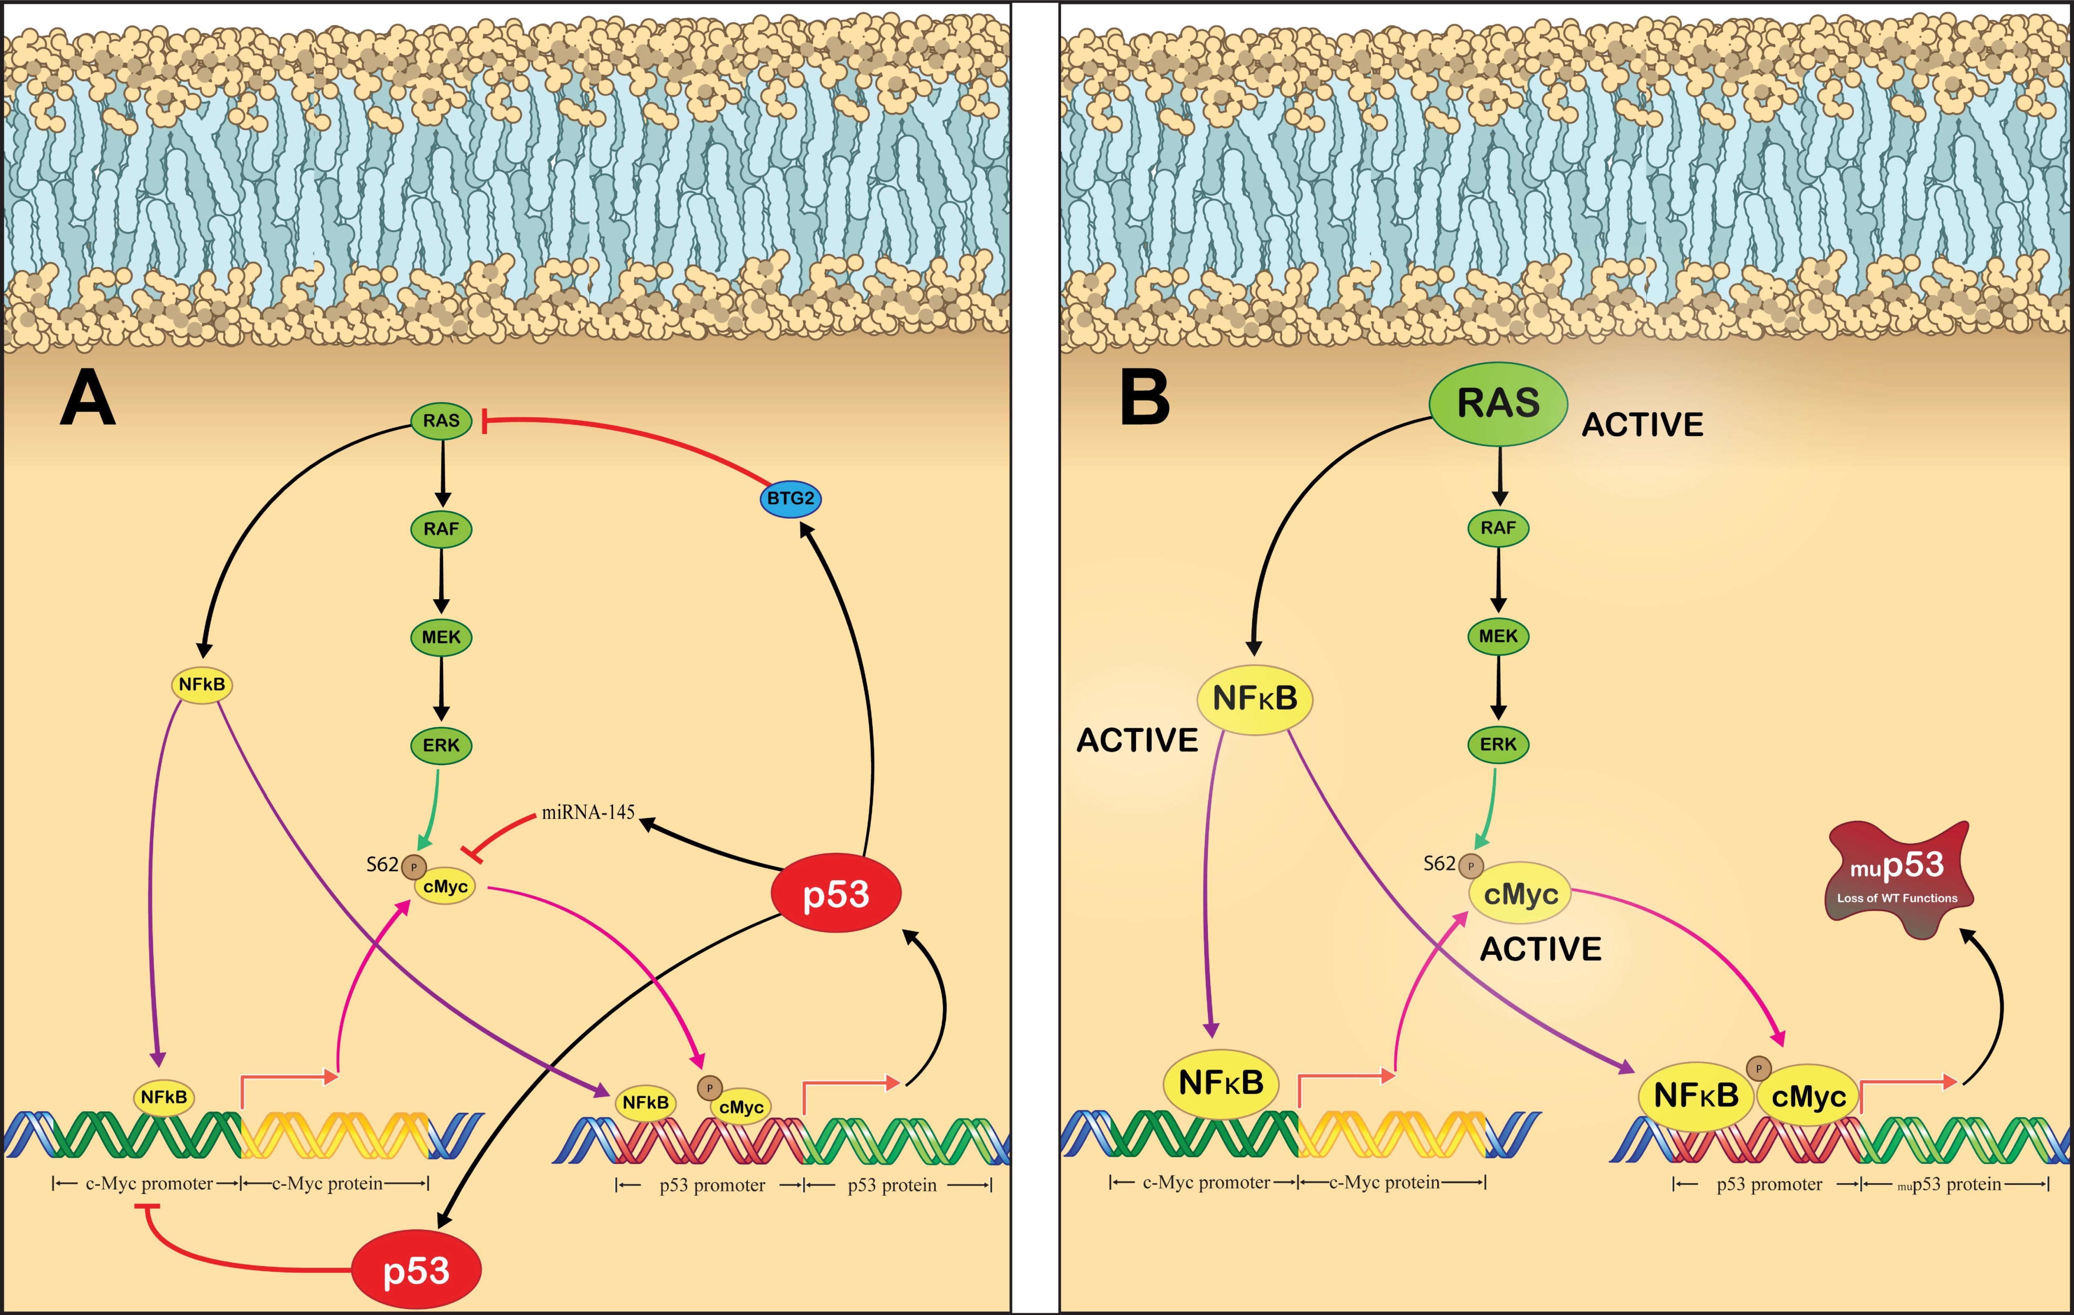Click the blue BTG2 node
790,498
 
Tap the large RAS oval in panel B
1498,403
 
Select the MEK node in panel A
441,637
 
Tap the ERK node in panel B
1498,744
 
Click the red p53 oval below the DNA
416,1270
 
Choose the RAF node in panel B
1498,528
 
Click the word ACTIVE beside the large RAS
1642,425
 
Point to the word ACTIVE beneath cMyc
1540,949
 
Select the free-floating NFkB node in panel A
202,685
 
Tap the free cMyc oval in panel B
1520,894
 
